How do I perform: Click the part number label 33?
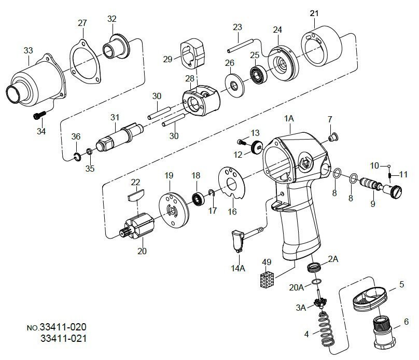pyautogui.click(x=28, y=50)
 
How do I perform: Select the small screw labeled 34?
pyautogui.click(x=38, y=115)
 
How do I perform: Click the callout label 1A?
pyautogui.click(x=289, y=119)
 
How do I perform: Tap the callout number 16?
pyautogui.click(x=232, y=212)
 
